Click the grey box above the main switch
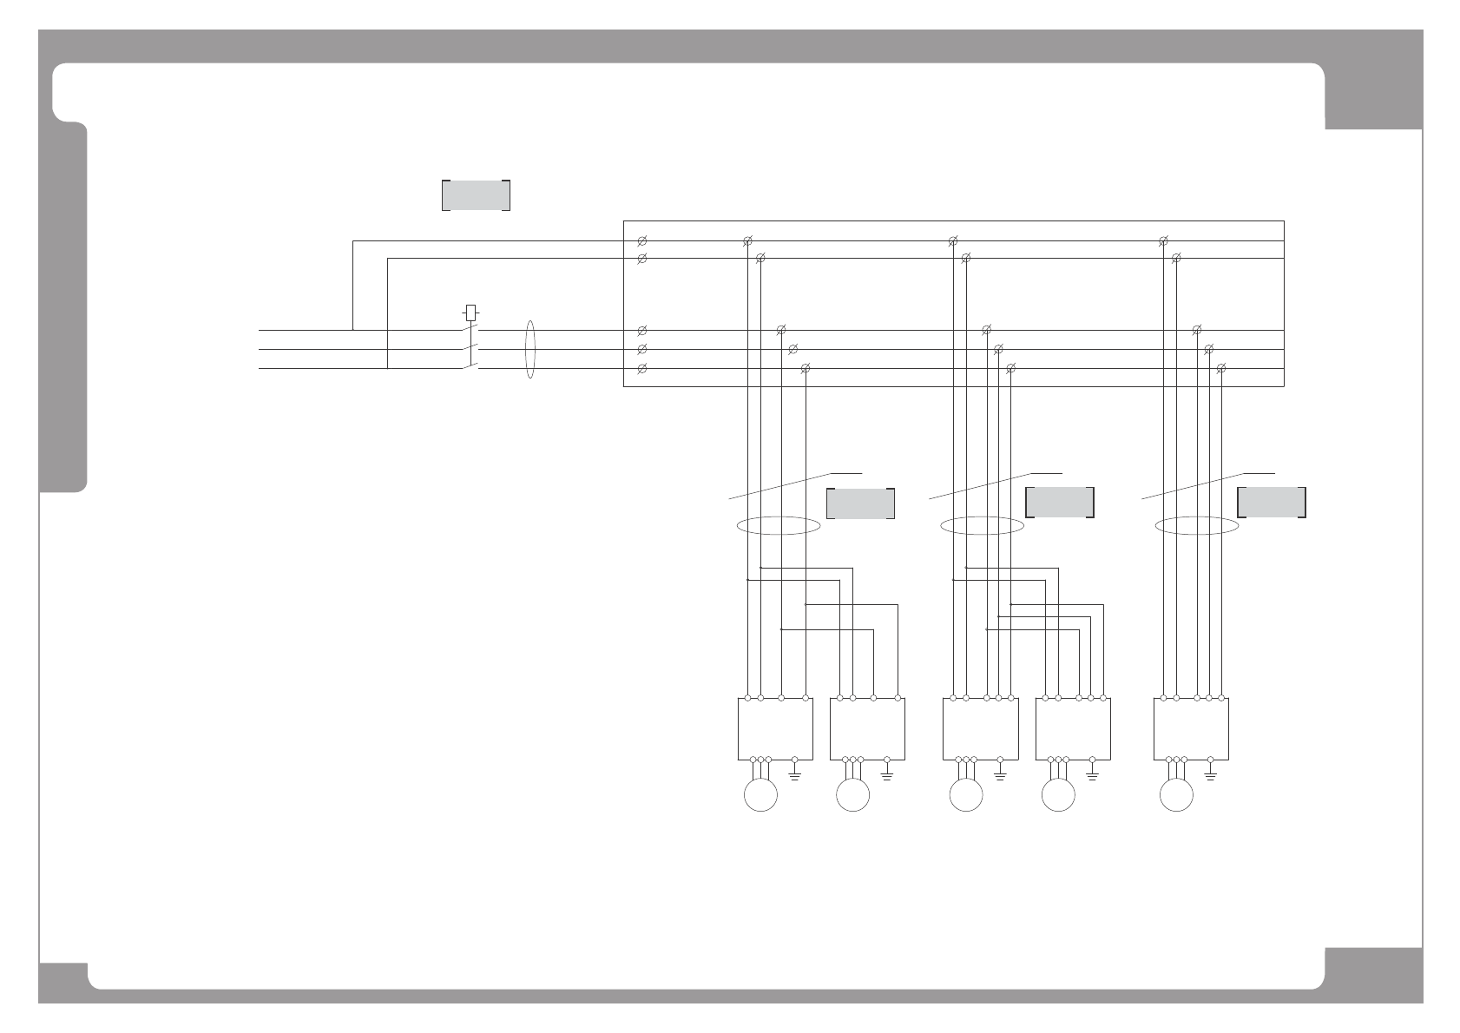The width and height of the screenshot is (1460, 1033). tap(476, 195)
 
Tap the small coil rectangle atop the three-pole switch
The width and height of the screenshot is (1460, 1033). tap(470, 312)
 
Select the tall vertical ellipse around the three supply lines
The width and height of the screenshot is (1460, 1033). tap(530, 350)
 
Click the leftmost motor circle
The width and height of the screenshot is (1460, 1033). tap(760, 795)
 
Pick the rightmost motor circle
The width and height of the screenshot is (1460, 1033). tap(1176, 795)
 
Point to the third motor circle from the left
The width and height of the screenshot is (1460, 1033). tap(966, 795)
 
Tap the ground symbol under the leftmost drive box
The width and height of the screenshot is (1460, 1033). tap(795, 767)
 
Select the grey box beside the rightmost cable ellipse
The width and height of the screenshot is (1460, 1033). tap(1272, 503)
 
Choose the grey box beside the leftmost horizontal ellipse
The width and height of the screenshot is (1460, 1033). tap(860, 503)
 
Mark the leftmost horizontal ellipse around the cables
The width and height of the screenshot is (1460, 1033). tap(778, 526)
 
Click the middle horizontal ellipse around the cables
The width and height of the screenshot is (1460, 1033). tap(982, 526)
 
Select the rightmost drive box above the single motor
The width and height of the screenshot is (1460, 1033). tap(1190, 729)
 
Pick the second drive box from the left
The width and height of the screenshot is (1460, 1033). tap(867, 729)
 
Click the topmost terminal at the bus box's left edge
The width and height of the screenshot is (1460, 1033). tap(642, 240)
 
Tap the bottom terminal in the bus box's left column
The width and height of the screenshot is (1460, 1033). tap(642, 369)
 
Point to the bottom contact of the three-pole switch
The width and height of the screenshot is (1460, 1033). tap(470, 367)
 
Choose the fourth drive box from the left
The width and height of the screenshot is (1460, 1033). tap(1073, 729)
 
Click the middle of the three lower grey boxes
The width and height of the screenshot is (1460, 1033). tap(1060, 503)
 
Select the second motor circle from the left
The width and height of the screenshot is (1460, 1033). tap(852, 795)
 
